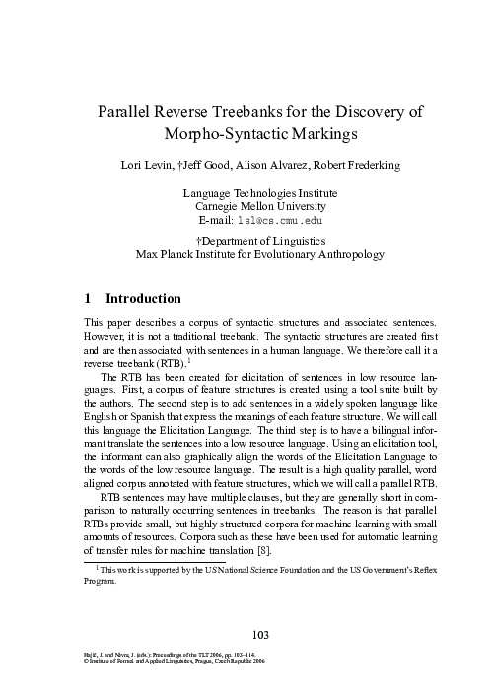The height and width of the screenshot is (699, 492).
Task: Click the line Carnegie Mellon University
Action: [x=246, y=207]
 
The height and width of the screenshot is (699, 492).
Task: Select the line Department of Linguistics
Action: [x=248, y=240]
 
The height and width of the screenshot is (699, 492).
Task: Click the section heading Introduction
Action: [x=143, y=297]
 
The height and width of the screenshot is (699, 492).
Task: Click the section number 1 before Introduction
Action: [x=89, y=297]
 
